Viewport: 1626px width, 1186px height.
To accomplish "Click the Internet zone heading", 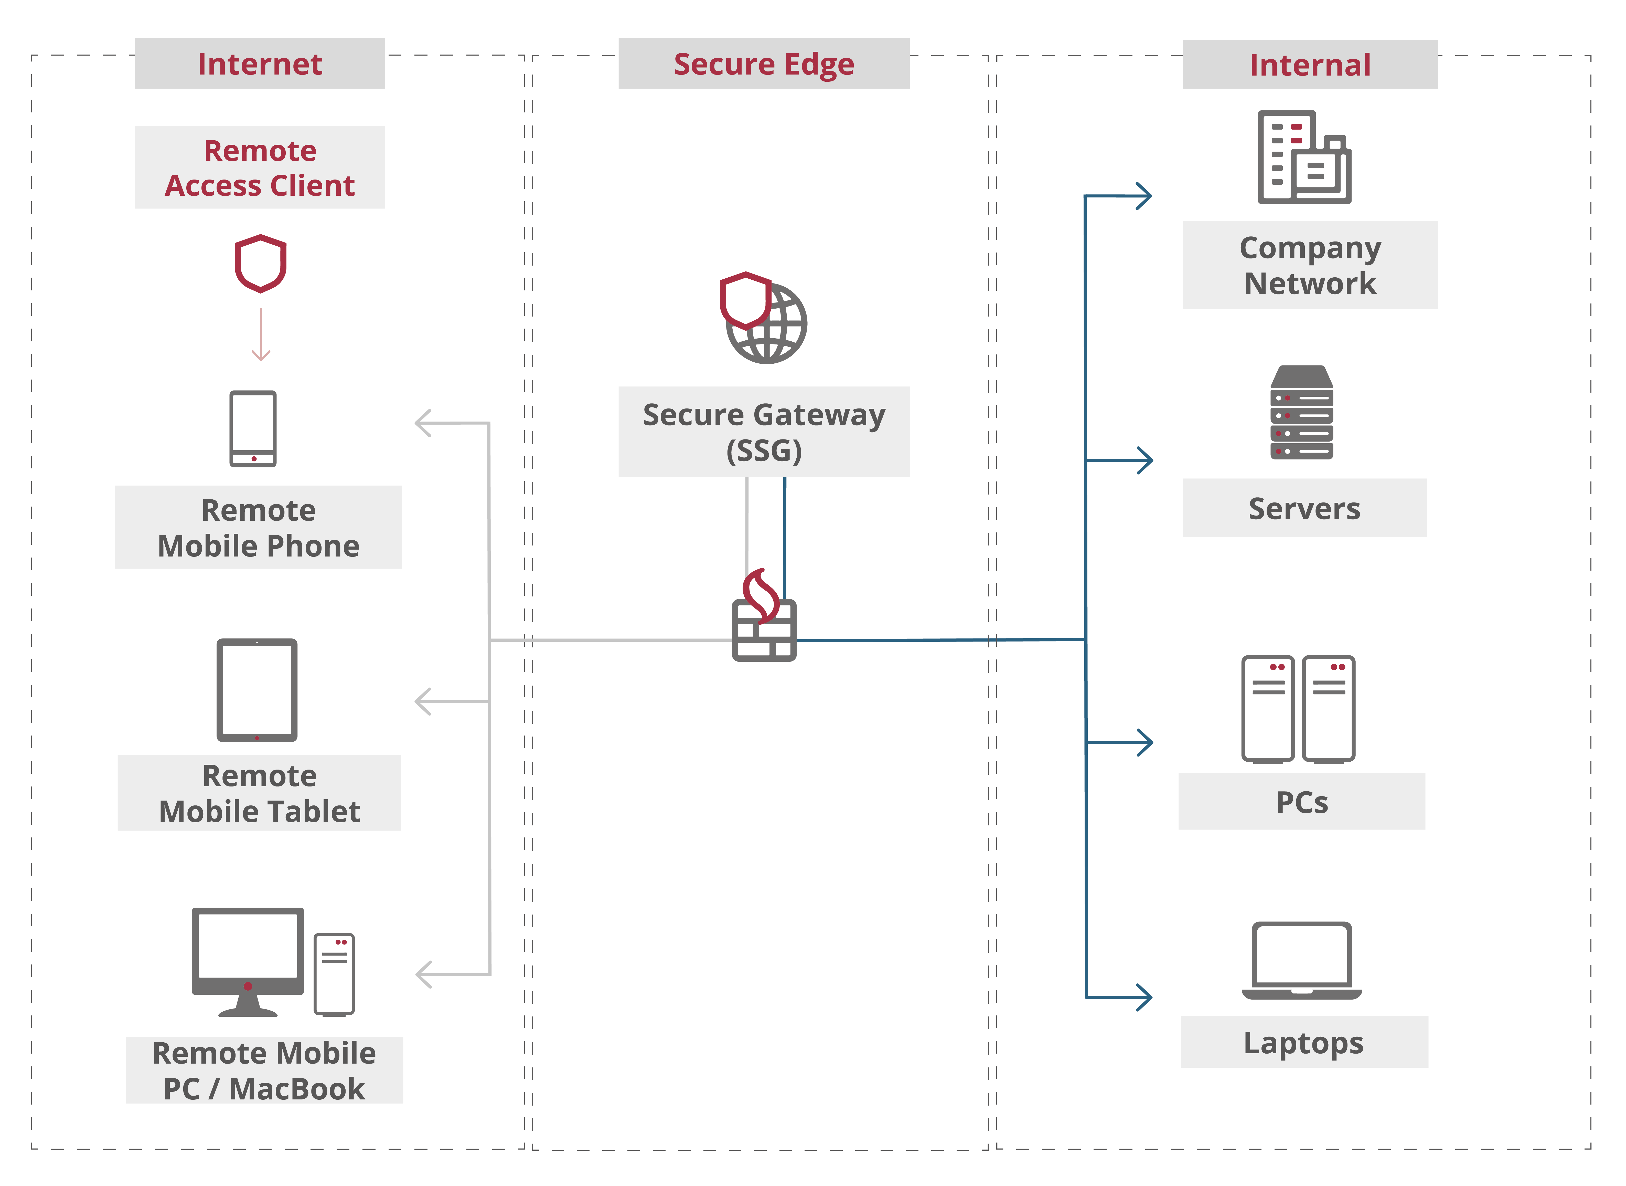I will click(260, 64).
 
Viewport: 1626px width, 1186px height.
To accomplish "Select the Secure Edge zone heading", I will click(764, 64).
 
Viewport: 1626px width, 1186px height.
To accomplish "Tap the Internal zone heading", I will click(1310, 65).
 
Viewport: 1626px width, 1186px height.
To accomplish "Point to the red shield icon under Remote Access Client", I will click(261, 264).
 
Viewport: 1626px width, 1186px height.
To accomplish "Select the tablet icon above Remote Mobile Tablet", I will click(257, 690).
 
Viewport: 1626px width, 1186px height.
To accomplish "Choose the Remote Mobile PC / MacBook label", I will click(264, 1070).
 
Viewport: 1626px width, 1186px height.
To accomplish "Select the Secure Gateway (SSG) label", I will click(764, 432).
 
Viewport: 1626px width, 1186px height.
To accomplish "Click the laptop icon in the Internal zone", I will click(1302, 961).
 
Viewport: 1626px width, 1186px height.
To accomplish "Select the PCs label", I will click(1302, 802).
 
